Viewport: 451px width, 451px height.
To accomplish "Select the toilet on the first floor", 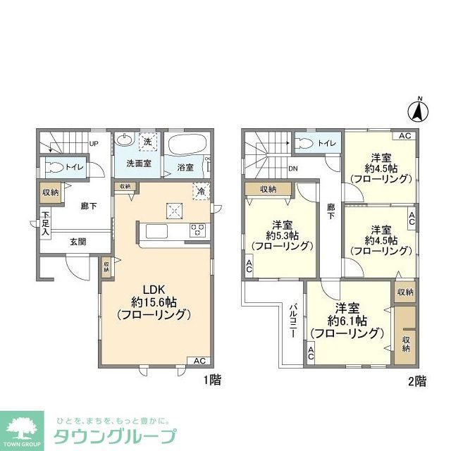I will click(x=54, y=168).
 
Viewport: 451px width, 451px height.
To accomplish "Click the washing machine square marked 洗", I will click(x=148, y=141).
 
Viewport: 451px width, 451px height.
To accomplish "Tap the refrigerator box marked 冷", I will click(x=200, y=190).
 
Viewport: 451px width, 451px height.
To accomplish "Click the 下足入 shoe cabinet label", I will click(x=45, y=222).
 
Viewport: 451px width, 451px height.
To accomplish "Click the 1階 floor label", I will click(x=212, y=381).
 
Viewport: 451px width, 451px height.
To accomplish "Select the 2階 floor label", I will click(x=416, y=381).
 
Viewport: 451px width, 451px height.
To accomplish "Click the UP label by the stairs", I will click(x=93, y=146).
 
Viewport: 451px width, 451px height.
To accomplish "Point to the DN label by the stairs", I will click(x=293, y=169).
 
